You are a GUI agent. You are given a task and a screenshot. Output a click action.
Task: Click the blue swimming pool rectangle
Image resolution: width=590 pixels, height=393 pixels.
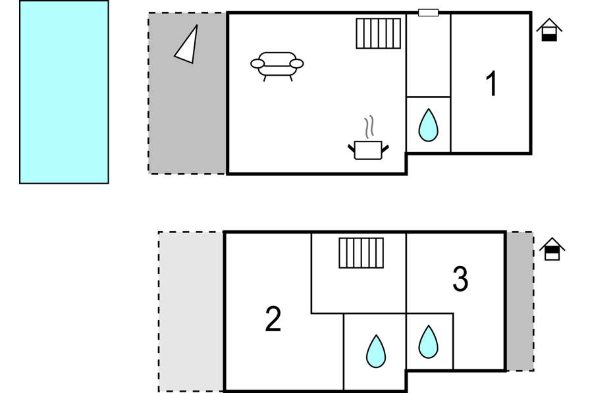[64, 92]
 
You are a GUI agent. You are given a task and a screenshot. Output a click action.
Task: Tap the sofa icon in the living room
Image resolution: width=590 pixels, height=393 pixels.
[277, 66]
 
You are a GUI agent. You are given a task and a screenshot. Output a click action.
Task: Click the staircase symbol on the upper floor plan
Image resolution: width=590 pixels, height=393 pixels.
[378, 34]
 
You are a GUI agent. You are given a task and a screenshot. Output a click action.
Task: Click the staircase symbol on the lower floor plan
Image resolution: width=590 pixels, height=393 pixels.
[362, 253]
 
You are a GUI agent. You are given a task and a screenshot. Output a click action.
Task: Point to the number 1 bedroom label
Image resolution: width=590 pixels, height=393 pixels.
[491, 84]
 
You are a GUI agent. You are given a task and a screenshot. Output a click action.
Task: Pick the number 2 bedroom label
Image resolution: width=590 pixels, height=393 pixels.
[273, 319]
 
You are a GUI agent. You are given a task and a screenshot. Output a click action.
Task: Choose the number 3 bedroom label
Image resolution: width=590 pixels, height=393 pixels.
[460, 278]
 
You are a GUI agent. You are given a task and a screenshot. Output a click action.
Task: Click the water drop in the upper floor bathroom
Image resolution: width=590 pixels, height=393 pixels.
[428, 125]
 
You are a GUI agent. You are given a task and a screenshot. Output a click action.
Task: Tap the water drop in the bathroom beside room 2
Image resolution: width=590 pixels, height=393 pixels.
[376, 352]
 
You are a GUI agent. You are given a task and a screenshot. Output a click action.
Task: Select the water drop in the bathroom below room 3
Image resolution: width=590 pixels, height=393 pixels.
[428, 342]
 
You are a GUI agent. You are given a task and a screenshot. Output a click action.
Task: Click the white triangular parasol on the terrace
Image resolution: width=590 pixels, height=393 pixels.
[188, 46]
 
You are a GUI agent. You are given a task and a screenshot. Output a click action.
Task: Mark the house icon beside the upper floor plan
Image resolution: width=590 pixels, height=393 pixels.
[549, 30]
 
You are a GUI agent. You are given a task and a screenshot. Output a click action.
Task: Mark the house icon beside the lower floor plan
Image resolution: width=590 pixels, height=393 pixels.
[552, 249]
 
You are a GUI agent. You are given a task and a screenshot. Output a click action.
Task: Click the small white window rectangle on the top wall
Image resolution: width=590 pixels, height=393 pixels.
[428, 13]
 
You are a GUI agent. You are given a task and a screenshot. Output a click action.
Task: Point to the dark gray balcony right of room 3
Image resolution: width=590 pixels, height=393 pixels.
[520, 301]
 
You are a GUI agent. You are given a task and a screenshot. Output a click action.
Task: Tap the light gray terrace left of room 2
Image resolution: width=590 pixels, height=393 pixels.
[191, 312]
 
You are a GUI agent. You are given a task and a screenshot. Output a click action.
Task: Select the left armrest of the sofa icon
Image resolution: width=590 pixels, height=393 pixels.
[257, 64]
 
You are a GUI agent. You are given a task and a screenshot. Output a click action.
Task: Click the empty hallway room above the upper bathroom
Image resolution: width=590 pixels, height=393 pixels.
[428, 56]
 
